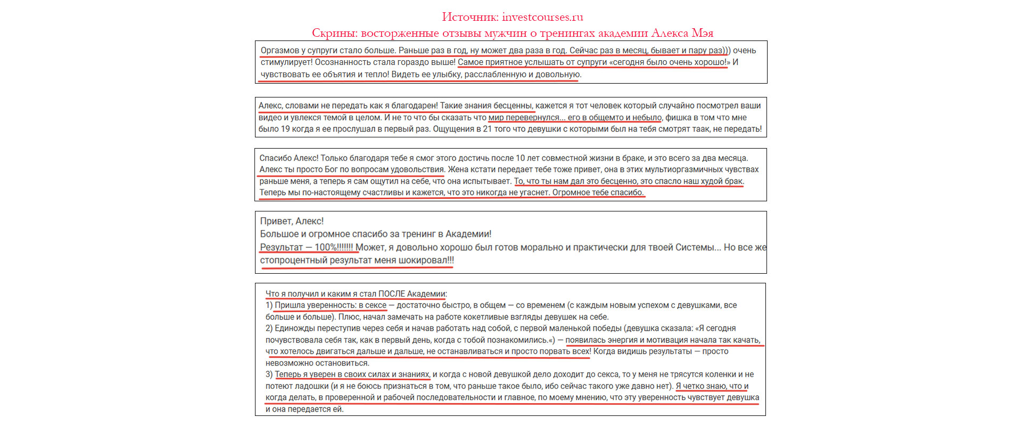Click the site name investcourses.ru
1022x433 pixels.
coord(542,17)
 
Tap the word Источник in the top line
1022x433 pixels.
coord(469,17)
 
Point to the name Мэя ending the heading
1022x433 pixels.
coord(702,33)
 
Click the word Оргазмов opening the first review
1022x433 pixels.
coord(280,51)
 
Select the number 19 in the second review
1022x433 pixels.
coord(285,129)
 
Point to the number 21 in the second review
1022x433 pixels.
coord(487,129)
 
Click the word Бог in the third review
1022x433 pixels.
coord(331,169)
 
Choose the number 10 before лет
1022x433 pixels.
coord(520,158)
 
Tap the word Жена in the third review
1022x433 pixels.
coord(459,169)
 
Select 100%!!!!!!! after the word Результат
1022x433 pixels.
coord(334,247)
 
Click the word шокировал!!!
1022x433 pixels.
coord(426,260)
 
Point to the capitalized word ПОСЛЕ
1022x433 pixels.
coord(391,294)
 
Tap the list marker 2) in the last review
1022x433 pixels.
coord(269,329)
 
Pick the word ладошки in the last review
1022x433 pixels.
coord(308,386)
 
